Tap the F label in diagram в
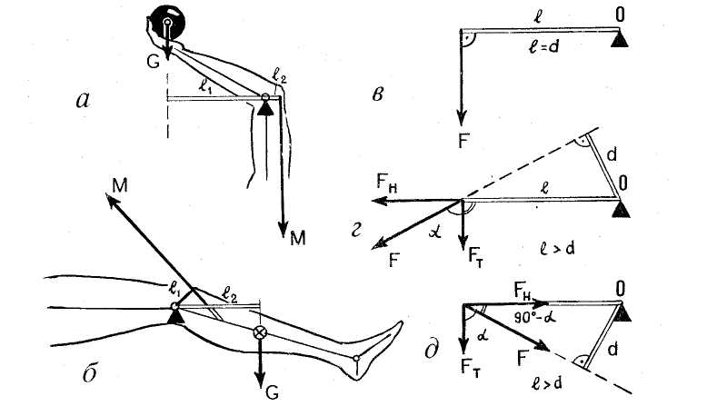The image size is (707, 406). coord(464,142)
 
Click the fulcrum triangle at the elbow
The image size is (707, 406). coord(264,108)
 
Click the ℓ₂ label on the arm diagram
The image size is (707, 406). coord(278,76)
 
